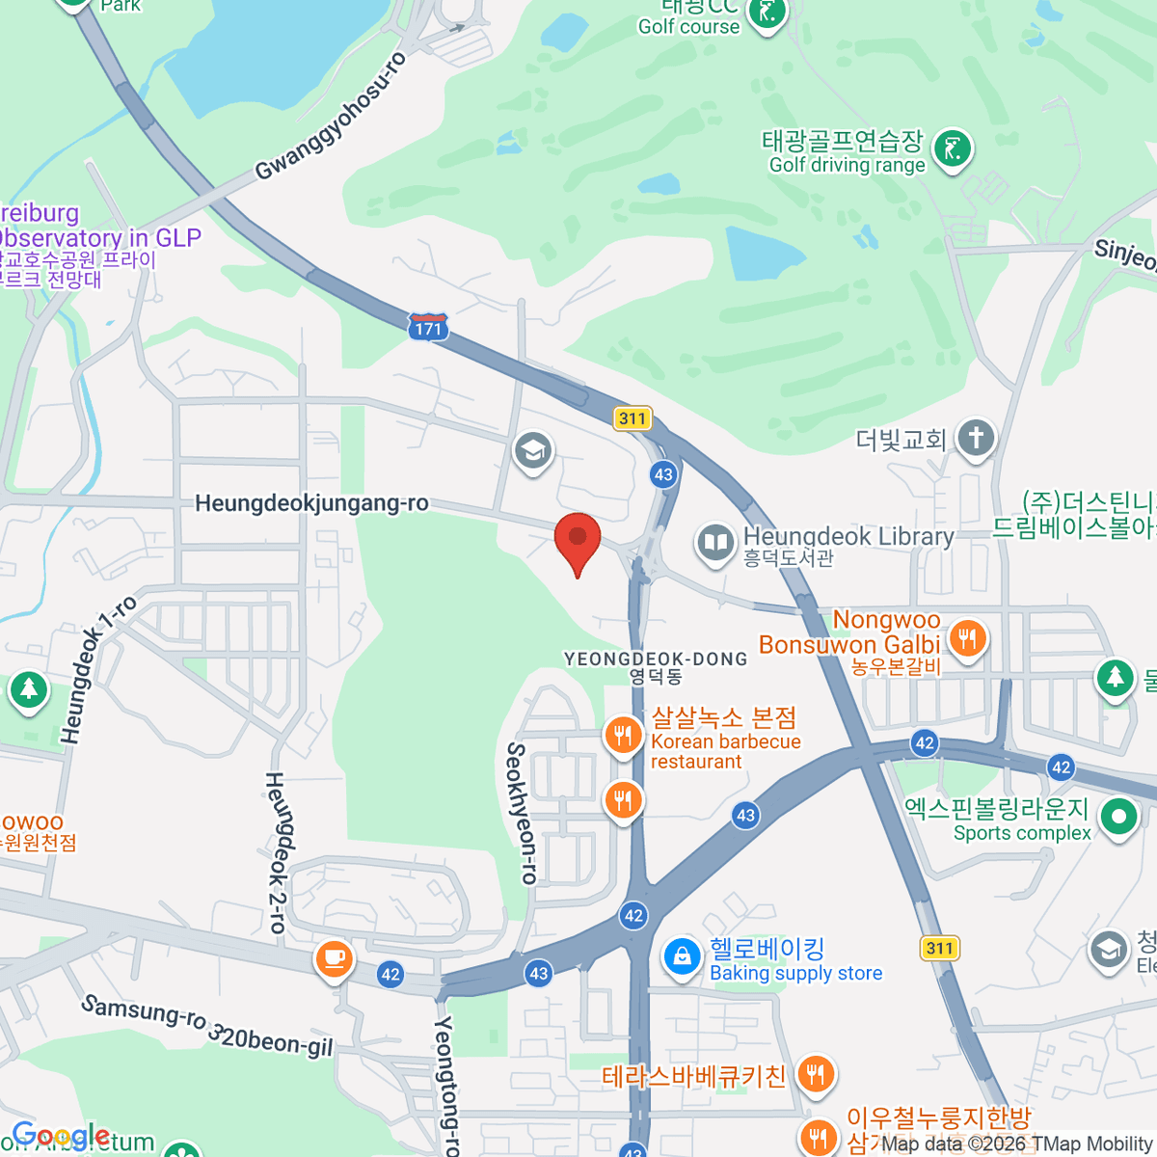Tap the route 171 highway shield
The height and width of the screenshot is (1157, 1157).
coord(428,327)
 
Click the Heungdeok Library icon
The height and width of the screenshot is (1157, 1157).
coord(715,543)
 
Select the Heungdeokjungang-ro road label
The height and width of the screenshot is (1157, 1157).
coord(311,503)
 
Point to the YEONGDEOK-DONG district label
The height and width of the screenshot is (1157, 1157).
coord(656,659)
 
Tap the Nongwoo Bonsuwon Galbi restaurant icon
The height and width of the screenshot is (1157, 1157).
coord(966,638)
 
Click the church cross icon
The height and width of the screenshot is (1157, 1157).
coord(975,439)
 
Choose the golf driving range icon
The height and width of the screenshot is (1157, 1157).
coord(953,149)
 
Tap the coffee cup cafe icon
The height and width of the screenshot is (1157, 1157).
coord(334,958)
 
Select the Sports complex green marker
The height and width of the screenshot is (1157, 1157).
coord(1118,818)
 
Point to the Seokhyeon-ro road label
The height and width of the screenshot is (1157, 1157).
coord(522,813)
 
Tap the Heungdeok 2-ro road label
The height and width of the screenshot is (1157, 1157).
coord(276,852)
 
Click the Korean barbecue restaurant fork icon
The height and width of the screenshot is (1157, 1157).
coord(624,737)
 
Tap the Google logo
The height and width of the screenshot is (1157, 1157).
coord(60,1137)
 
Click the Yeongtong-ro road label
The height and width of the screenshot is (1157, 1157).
coord(445,1085)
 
